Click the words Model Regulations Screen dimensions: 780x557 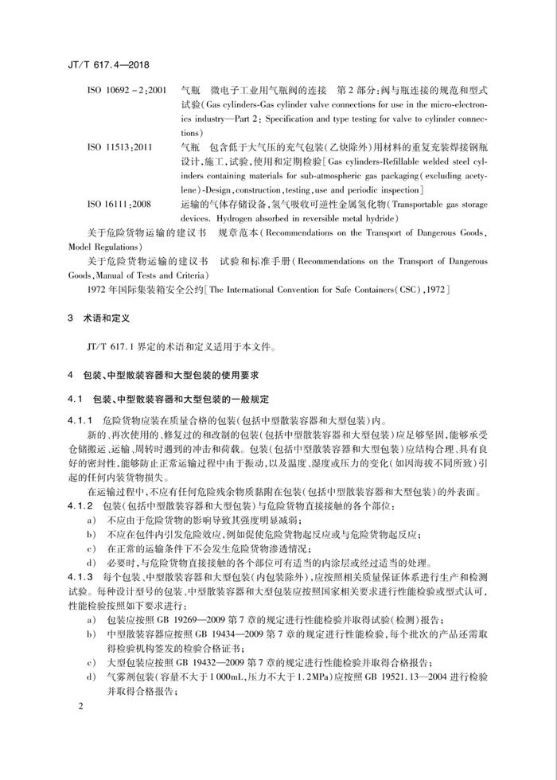point(109,247)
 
